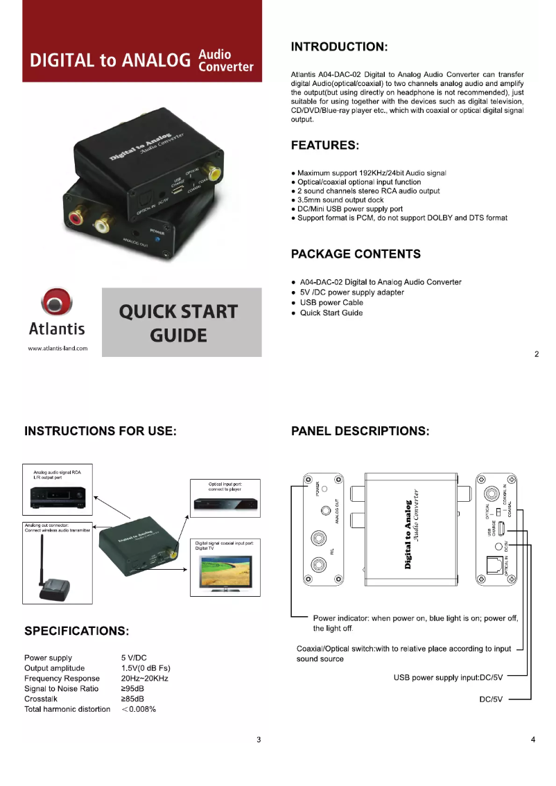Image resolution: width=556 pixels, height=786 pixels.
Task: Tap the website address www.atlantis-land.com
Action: (58, 348)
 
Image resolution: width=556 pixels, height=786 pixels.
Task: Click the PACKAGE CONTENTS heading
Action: (356, 254)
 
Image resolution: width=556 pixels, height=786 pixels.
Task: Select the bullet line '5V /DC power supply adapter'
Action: (351, 292)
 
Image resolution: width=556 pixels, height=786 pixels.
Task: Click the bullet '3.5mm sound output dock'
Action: (340, 200)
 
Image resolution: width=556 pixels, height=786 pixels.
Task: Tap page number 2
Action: (537, 355)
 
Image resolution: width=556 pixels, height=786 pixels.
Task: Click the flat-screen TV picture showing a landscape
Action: (225, 572)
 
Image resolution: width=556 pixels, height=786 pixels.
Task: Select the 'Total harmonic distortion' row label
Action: (67, 709)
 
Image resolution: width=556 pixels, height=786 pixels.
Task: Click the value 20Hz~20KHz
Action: (144, 679)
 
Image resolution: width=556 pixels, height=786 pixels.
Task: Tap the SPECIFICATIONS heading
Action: (77, 631)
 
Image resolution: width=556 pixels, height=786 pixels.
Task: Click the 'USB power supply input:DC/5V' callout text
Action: (448, 677)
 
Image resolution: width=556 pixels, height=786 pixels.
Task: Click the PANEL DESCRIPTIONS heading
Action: (360, 431)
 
